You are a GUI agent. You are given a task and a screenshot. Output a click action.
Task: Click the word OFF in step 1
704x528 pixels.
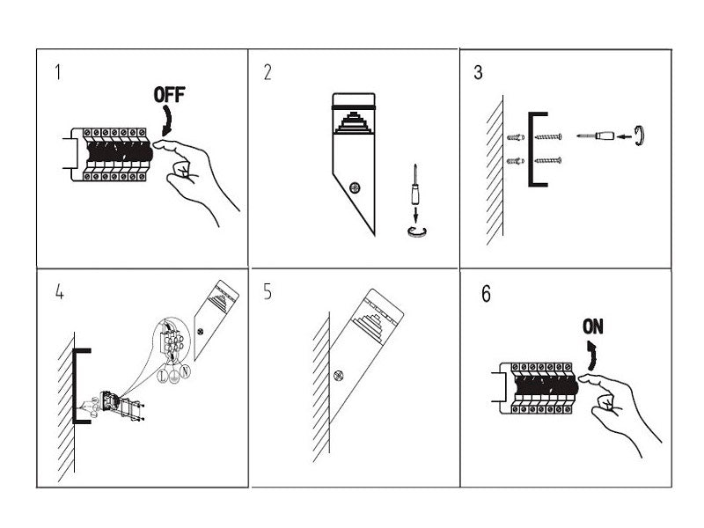click(171, 95)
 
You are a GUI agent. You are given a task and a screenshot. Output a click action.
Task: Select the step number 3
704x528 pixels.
click(478, 72)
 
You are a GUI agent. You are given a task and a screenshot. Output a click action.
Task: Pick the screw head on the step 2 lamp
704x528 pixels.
click(356, 187)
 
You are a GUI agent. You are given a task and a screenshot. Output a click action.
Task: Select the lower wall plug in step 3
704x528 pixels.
click(516, 160)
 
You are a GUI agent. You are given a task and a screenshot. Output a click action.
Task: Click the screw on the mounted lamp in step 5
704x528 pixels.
click(338, 376)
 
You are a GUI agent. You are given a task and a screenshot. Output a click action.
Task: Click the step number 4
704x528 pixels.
click(59, 292)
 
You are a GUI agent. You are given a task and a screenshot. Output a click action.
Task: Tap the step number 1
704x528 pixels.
click(58, 72)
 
